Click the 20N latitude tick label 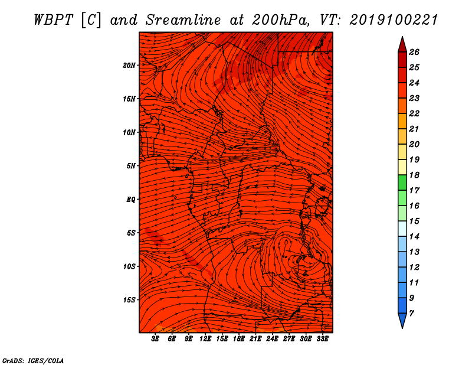(x=129, y=66)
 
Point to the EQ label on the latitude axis (x=130, y=200)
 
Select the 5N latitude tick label (x=131, y=166)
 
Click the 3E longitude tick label (x=155, y=339)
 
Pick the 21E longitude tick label (x=255, y=339)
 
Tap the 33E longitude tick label (x=322, y=339)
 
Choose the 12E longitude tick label (x=205, y=339)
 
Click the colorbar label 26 (x=414, y=52)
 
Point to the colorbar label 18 (x=414, y=175)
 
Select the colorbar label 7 (x=411, y=314)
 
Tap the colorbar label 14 (x=414, y=237)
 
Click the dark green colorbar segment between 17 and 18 (x=402, y=182)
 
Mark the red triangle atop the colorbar (x=402, y=45)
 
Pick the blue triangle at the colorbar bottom (x=402, y=320)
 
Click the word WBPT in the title (x=53, y=20)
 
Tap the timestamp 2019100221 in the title (x=394, y=20)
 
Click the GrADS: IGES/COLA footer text (x=33, y=361)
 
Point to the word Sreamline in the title (x=183, y=20)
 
